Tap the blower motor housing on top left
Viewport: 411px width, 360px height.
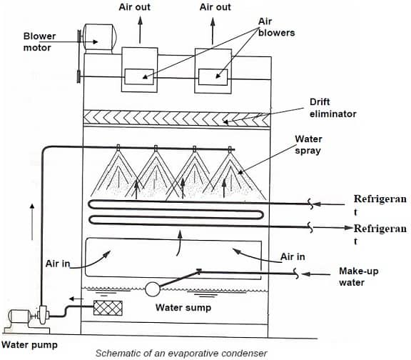click(100, 37)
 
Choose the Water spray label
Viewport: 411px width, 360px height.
click(308, 145)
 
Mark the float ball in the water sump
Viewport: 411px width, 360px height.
click(151, 289)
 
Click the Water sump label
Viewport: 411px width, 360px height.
click(183, 308)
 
